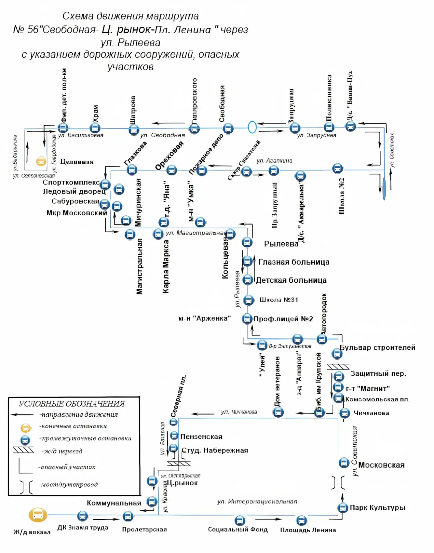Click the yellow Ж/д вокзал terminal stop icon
click(x=38, y=515)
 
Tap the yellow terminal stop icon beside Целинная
click(x=41, y=161)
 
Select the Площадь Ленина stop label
click(x=308, y=530)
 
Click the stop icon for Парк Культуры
click(x=343, y=507)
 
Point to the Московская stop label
click(x=381, y=465)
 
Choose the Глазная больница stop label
click(x=294, y=262)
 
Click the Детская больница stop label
click(x=291, y=280)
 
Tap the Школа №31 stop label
click(x=279, y=300)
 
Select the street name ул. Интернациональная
click(x=257, y=502)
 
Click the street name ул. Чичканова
click(x=239, y=412)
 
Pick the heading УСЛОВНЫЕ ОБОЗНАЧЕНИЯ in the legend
click(x=72, y=404)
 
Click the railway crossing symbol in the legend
click(x=23, y=450)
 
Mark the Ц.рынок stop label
click(x=183, y=483)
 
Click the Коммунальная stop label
click(x=114, y=503)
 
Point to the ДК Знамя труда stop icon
click(x=83, y=516)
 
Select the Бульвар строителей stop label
click(x=377, y=348)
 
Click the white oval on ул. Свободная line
click(x=252, y=127)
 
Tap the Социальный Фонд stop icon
click(x=240, y=520)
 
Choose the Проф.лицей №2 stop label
click(x=283, y=319)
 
